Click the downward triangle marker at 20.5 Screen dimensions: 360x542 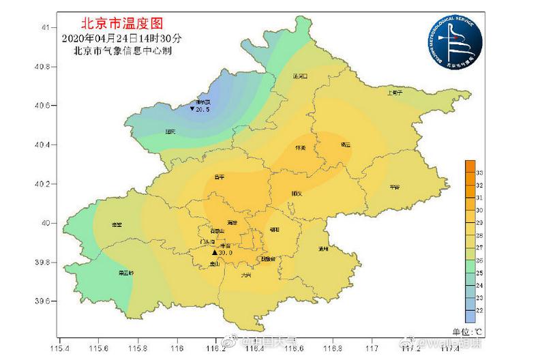point(192,108)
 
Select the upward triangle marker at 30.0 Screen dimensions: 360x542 point(214,252)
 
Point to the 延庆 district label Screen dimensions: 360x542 point(170,132)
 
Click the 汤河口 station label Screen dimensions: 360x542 point(300,76)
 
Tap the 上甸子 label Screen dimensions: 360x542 point(395,92)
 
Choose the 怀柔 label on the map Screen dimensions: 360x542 point(300,147)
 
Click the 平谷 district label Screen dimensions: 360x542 point(395,186)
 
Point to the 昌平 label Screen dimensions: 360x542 point(219,177)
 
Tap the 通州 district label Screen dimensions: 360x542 point(324,250)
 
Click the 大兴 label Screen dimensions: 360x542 point(246,275)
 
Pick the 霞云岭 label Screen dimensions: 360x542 point(126,273)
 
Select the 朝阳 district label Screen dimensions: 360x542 point(275,230)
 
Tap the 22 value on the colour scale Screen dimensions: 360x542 point(480,311)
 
